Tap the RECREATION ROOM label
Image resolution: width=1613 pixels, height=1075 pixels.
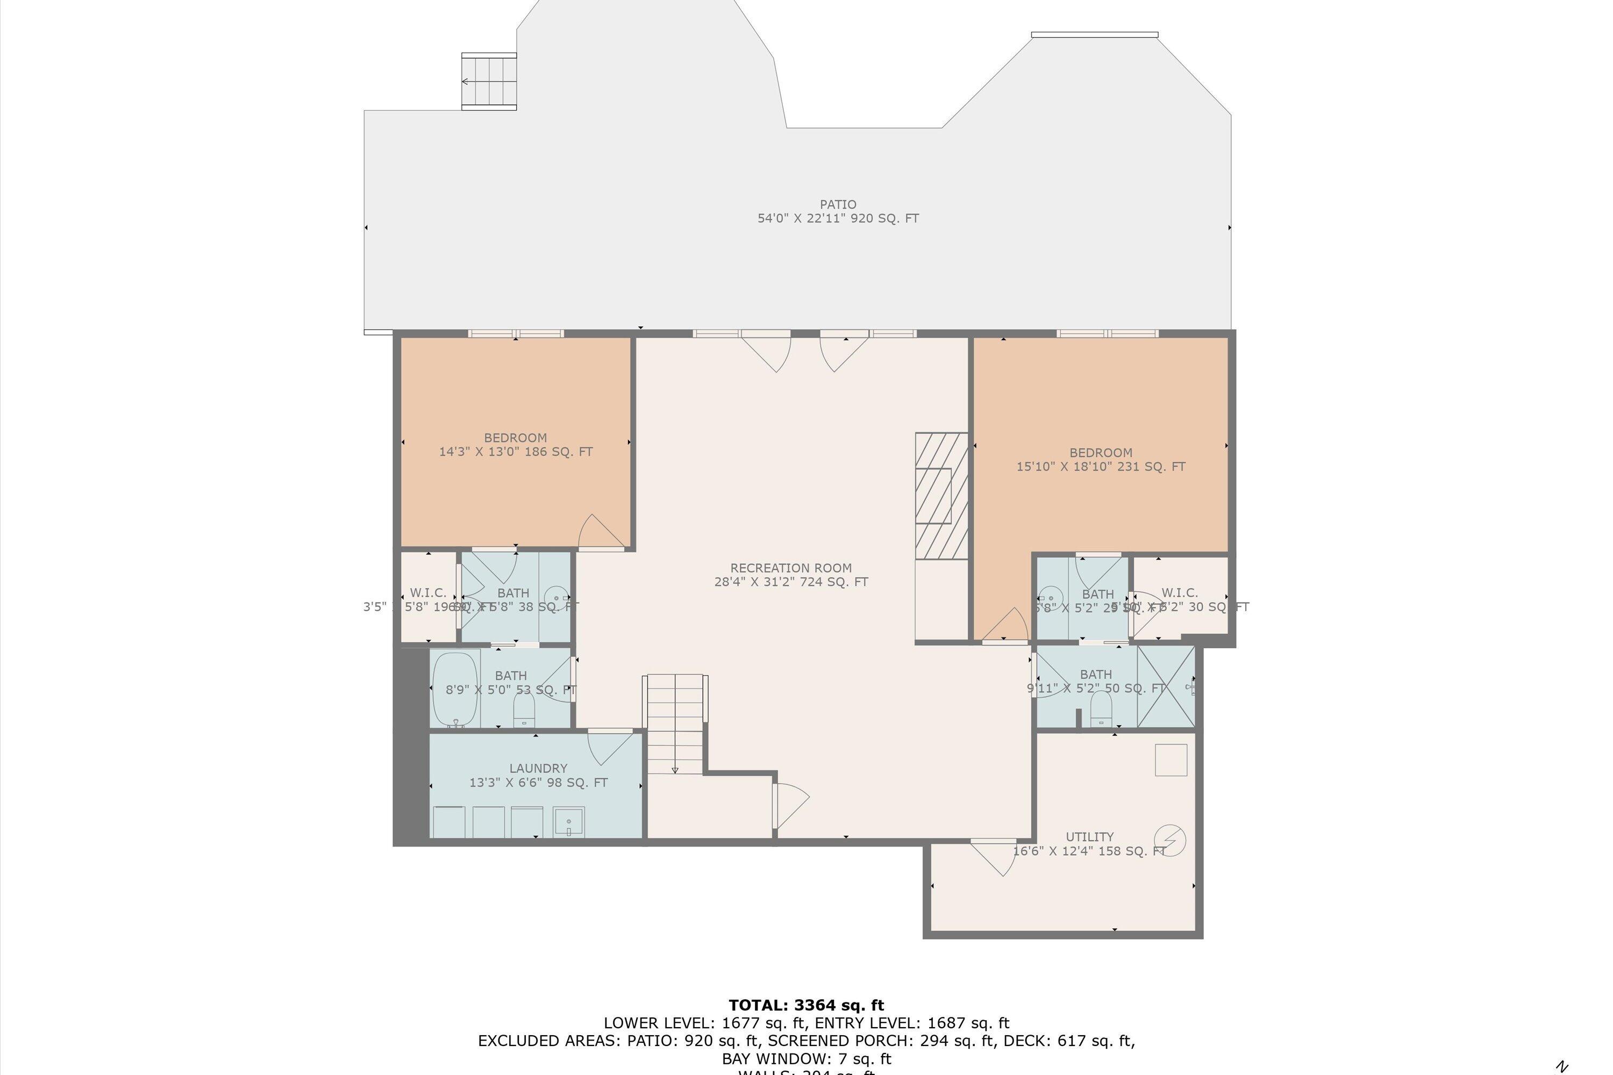click(x=791, y=568)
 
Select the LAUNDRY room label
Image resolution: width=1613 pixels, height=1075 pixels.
click(x=538, y=768)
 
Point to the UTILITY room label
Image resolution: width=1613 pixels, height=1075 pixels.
click(x=1089, y=836)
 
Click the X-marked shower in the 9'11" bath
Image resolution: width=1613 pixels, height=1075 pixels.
click(x=1166, y=686)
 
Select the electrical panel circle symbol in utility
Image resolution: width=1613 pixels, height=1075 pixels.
click(x=1170, y=840)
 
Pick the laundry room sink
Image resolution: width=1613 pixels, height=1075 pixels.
click(x=568, y=821)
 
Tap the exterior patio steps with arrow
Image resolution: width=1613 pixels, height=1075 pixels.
click(x=488, y=81)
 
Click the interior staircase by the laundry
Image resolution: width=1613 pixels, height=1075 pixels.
click(x=675, y=724)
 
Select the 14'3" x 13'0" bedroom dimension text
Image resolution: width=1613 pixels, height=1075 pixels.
click(x=516, y=452)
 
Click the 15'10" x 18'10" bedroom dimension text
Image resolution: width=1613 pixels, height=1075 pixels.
click(x=1100, y=467)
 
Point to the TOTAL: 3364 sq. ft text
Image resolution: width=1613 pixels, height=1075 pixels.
click(x=806, y=1005)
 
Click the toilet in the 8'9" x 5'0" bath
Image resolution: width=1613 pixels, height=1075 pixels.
click(x=524, y=710)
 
